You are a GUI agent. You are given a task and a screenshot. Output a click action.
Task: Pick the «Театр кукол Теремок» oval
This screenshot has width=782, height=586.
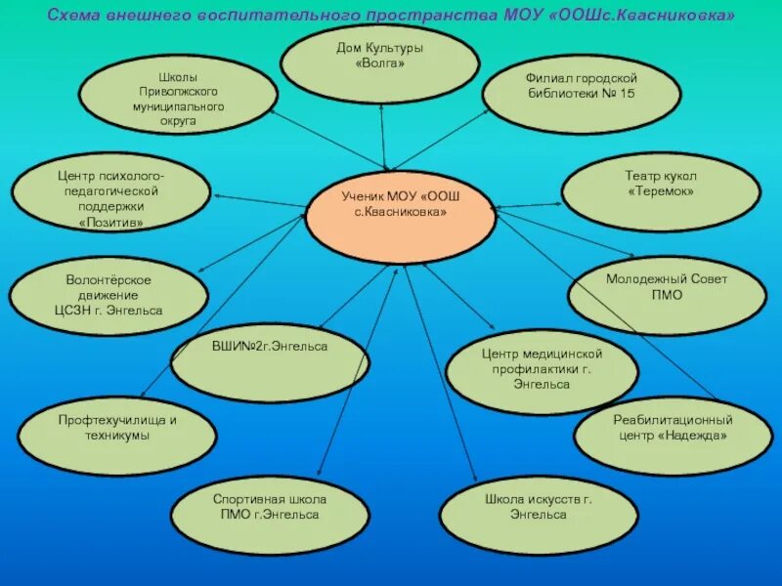(661, 190)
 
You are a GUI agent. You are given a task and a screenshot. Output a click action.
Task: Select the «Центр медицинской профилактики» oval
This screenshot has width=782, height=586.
(542, 369)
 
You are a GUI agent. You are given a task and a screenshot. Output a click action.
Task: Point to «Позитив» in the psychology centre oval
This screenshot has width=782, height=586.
(110, 223)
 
